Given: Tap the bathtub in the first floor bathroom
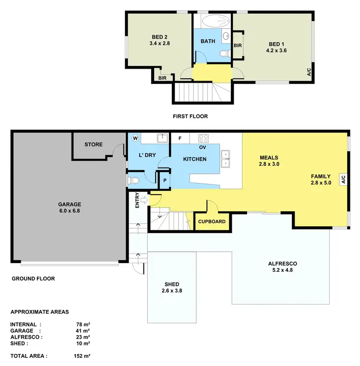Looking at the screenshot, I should [212, 21].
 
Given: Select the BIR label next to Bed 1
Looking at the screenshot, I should [237, 45].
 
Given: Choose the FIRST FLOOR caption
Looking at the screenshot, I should [190, 116].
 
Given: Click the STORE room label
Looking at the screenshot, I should [94, 144].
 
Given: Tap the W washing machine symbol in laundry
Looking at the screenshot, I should [135, 138].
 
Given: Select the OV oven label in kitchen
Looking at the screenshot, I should [203, 147].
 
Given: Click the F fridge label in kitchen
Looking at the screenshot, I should [180, 139].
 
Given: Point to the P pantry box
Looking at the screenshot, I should [165, 181].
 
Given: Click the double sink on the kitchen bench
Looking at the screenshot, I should [225, 159].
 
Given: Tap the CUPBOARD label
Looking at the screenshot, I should [212, 222].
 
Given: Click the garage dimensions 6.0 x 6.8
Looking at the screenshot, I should [70, 210].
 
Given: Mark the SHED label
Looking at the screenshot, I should [171, 283].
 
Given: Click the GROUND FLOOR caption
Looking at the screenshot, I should [33, 279].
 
